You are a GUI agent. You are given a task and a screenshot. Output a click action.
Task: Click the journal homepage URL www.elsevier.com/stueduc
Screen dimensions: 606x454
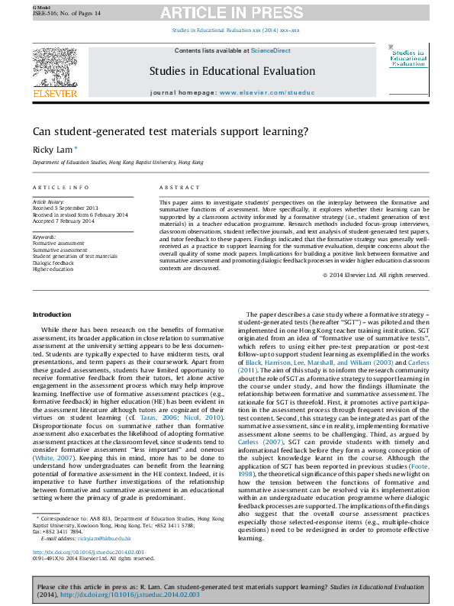(x=262, y=91)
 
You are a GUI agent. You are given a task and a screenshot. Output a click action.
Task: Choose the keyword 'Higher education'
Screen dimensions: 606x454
(x=53, y=269)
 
